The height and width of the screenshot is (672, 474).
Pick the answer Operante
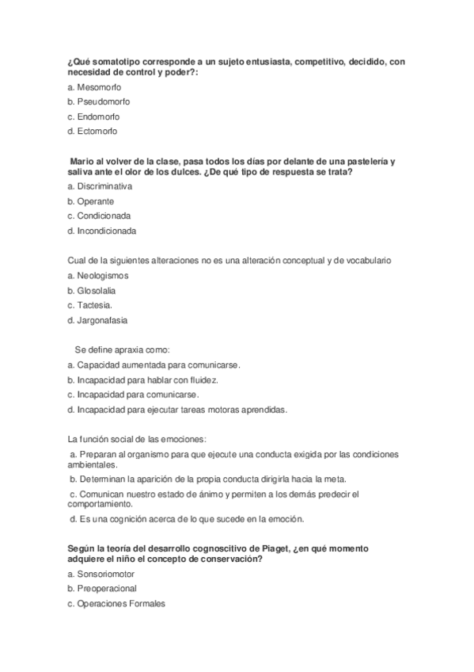[96, 200]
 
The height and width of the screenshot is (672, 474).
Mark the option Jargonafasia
[102, 320]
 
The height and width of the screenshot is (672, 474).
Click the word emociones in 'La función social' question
[183, 439]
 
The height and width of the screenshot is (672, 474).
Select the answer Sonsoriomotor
[103, 573]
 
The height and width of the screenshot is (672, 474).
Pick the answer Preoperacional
[107, 588]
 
